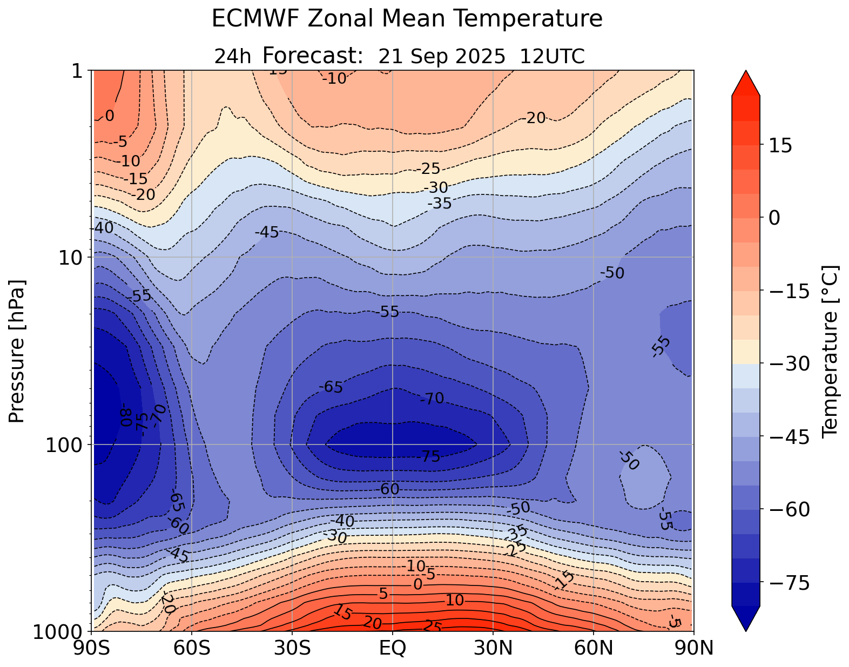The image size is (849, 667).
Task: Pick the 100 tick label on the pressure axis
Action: tap(66, 444)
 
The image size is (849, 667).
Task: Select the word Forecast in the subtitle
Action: tap(312, 56)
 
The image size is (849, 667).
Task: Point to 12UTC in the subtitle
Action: tap(552, 56)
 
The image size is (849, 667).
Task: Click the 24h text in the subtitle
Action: tap(233, 56)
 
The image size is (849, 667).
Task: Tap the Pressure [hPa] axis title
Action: tap(18, 351)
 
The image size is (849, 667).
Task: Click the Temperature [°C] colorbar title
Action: tap(829, 351)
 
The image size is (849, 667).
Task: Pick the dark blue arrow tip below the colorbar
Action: tap(746, 620)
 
